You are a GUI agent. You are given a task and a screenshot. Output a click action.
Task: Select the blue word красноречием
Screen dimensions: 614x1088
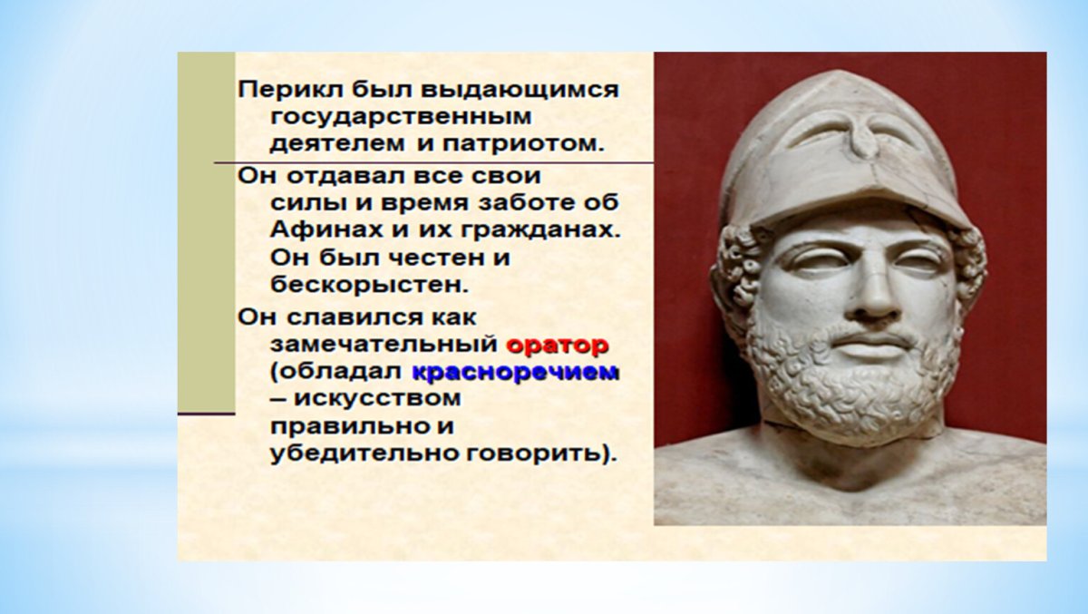click(516, 372)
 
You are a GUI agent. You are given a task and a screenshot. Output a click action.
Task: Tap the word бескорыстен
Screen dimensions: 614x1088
click(368, 285)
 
